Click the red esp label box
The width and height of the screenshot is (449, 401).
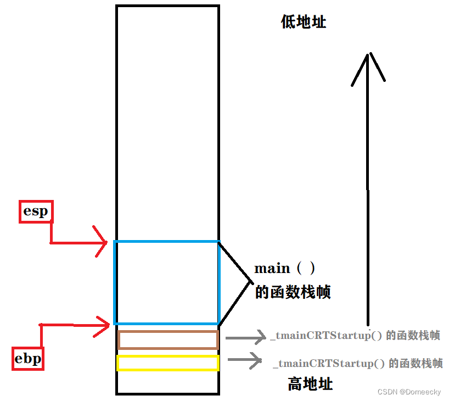36,211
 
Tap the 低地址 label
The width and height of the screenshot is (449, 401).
304,22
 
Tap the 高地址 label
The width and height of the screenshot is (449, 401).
310,383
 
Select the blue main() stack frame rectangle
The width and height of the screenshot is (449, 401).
167,282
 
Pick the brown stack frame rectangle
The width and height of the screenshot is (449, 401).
168,339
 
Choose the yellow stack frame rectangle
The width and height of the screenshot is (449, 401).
168,363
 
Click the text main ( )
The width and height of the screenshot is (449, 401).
285,269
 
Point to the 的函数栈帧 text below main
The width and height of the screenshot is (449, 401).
293,292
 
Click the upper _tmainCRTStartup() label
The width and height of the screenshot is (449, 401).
355,336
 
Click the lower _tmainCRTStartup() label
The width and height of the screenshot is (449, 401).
357,363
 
